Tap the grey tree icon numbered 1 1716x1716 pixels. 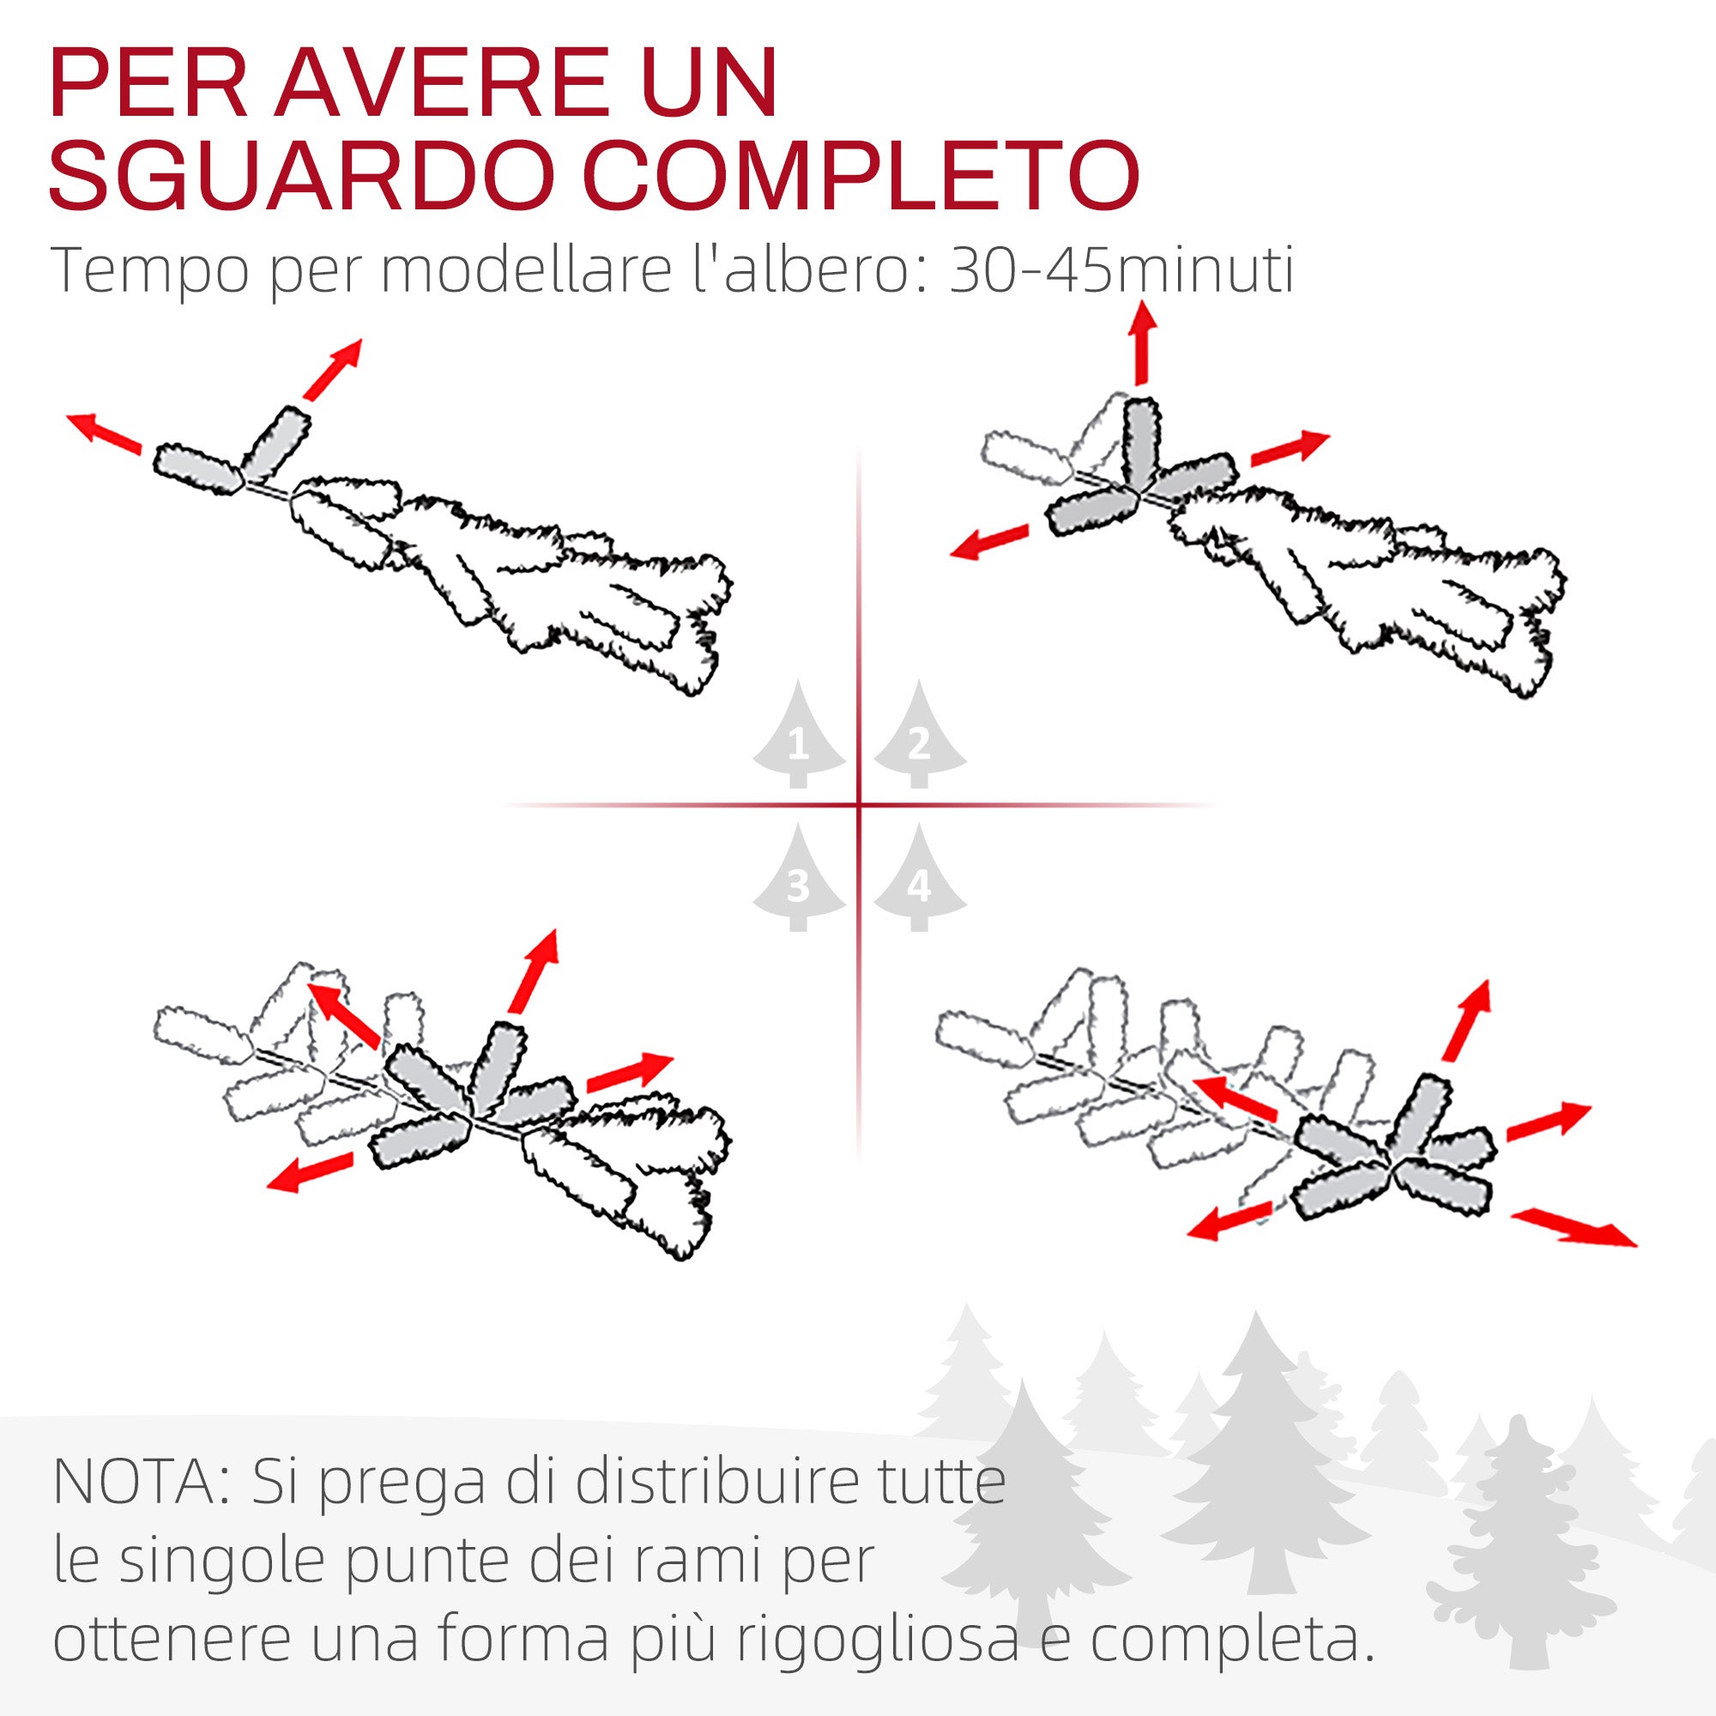[799, 737]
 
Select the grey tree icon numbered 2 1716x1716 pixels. [919, 737]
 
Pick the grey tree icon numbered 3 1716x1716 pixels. [799, 880]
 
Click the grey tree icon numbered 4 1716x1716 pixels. [919, 880]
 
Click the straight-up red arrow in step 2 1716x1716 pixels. [1142, 343]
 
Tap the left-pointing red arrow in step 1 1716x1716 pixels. [105, 433]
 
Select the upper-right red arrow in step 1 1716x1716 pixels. [332, 369]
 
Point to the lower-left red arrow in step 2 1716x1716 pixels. [988, 541]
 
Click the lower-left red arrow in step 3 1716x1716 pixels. [310, 1171]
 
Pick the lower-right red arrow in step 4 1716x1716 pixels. [1573, 1228]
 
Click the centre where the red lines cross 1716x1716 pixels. [859, 806]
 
